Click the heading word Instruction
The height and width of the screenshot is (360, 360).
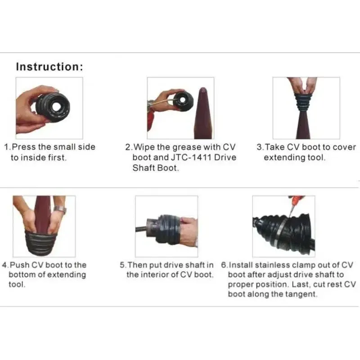[x=48, y=67]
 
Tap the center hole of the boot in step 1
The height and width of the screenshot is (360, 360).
[x=56, y=106]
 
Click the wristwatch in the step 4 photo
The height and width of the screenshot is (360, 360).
[x=60, y=209]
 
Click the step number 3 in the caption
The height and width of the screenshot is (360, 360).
[x=260, y=147]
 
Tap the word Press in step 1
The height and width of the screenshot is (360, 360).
[x=24, y=147]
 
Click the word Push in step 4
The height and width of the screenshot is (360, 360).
[x=19, y=265]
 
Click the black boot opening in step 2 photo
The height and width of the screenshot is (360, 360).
[x=182, y=99]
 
